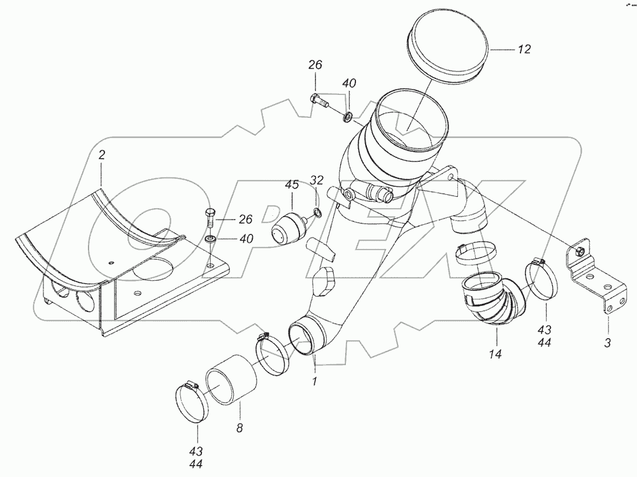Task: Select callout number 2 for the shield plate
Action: pos(101,155)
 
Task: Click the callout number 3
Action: pos(607,344)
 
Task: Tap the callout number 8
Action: pos(239,428)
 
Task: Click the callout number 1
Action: pos(315,381)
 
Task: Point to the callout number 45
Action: pos(291,185)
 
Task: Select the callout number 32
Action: pos(317,180)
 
